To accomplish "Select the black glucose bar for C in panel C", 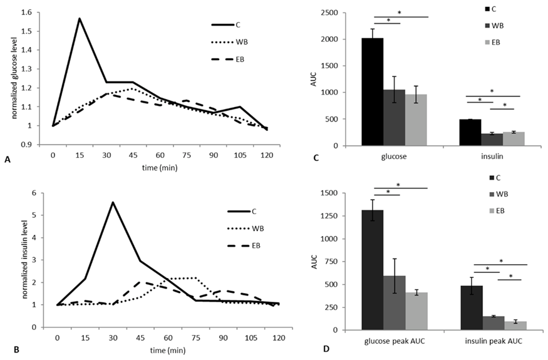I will click(372, 92).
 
